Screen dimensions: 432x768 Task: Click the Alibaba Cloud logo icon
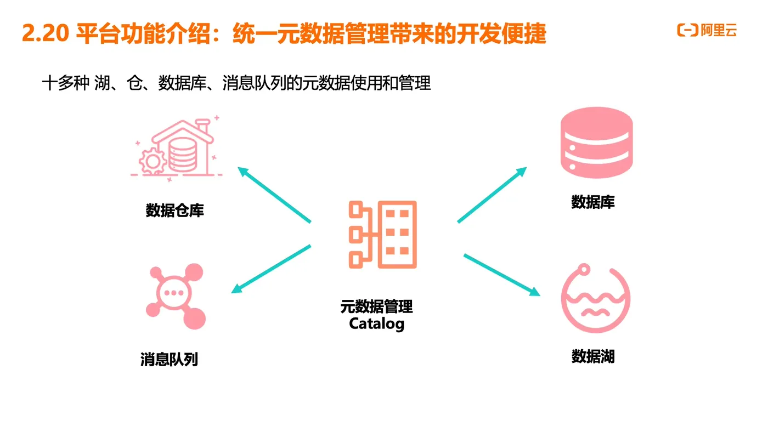click(x=687, y=31)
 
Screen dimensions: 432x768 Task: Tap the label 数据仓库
click(x=175, y=210)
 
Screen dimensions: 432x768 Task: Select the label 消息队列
click(x=169, y=360)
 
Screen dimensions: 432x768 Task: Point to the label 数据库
click(x=593, y=202)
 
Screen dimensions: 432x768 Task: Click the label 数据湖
click(x=593, y=357)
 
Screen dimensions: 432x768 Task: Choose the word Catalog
click(x=377, y=323)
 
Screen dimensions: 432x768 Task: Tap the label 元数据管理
click(x=377, y=306)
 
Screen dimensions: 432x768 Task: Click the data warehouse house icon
click(x=177, y=149)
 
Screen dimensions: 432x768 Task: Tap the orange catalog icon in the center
click(x=383, y=235)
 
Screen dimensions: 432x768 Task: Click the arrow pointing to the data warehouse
click(x=274, y=195)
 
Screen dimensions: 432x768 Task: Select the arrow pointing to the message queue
click(x=271, y=269)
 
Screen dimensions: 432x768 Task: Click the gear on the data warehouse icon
click(x=153, y=161)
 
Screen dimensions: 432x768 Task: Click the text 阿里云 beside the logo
click(x=719, y=31)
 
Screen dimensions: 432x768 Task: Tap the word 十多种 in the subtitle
click(x=65, y=84)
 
